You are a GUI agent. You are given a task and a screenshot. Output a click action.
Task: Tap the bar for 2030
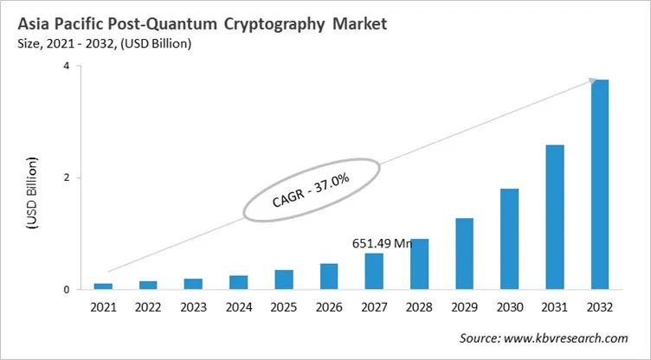(x=509, y=239)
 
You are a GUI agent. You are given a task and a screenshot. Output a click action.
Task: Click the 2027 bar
(x=374, y=271)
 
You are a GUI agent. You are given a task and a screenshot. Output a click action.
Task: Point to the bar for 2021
(x=103, y=286)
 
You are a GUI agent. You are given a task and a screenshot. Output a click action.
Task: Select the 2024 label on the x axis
(x=238, y=308)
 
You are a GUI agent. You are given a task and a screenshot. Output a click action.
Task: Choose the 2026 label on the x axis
(x=328, y=308)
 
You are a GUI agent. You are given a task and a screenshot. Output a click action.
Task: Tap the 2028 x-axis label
(x=419, y=308)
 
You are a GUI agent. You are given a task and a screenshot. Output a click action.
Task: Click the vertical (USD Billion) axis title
(x=33, y=192)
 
